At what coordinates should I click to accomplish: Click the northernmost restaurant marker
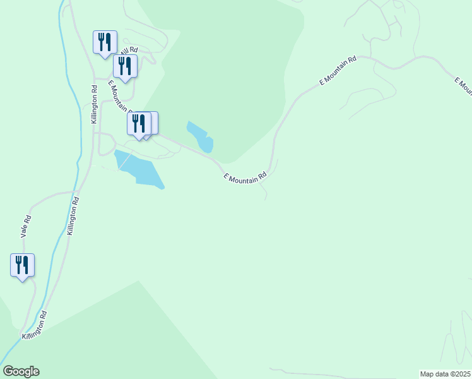click(105, 42)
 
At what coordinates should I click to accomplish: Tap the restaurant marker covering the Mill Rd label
click(126, 66)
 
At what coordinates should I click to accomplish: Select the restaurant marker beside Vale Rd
click(22, 265)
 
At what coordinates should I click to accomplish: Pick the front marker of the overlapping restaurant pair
click(139, 123)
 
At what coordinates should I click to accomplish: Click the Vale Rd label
click(27, 227)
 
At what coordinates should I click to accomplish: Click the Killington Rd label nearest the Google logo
click(35, 325)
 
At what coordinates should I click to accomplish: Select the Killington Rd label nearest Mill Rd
click(94, 104)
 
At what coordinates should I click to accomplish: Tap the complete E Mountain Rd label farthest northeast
click(338, 71)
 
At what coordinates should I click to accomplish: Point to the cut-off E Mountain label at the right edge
click(463, 85)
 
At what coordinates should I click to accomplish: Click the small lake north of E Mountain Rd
click(201, 137)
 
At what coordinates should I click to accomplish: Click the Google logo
click(21, 371)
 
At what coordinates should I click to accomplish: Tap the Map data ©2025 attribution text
click(445, 373)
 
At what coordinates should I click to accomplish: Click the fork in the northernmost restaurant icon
click(101, 41)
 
